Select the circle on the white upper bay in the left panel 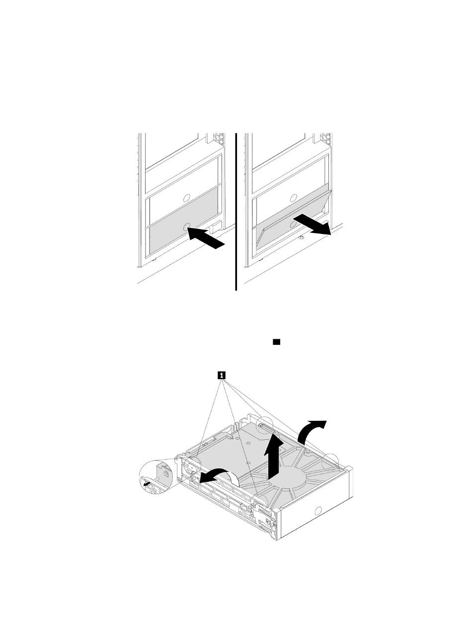pyautogui.click(x=186, y=197)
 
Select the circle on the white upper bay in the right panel pyautogui.click(x=293, y=197)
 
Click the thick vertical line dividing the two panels pyautogui.click(x=236, y=212)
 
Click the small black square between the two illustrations pyautogui.click(x=276, y=342)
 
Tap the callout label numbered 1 pyautogui.click(x=221, y=375)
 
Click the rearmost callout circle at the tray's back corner pyautogui.click(x=265, y=427)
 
